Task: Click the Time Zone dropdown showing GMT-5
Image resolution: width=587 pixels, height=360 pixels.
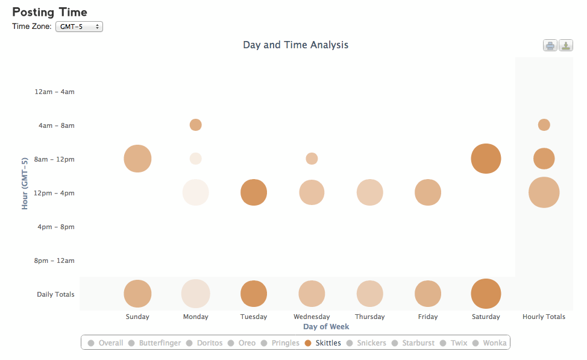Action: [x=79, y=27]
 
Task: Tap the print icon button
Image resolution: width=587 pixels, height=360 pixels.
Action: [x=550, y=46]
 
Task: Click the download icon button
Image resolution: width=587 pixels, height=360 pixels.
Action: [x=566, y=46]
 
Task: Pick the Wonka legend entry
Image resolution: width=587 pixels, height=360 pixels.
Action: [x=489, y=343]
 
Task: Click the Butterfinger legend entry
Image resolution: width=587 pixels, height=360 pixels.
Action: [x=154, y=343]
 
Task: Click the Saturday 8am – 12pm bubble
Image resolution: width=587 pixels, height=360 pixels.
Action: [x=486, y=159]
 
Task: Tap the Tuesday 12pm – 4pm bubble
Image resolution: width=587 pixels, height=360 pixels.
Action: [x=254, y=192]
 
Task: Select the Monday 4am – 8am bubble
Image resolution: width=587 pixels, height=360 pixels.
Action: [x=196, y=125]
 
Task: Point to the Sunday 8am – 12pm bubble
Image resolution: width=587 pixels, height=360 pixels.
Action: [x=138, y=159]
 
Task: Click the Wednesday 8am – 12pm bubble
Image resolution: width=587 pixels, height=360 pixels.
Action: [x=312, y=159]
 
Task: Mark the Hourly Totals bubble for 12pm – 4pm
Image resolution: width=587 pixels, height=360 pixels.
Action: [x=544, y=192]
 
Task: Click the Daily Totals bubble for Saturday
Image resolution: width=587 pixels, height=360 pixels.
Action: [x=486, y=294]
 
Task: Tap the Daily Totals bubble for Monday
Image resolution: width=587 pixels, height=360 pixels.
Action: [x=196, y=294]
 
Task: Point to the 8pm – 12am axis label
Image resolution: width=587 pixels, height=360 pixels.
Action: [x=54, y=261]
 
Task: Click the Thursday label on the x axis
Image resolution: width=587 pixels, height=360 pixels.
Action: [x=370, y=317]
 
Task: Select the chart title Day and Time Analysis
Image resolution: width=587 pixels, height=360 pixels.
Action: [x=296, y=45]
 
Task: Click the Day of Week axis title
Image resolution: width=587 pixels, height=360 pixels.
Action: [x=326, y=327]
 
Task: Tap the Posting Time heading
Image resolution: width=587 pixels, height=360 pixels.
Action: [x=50, y=12]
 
